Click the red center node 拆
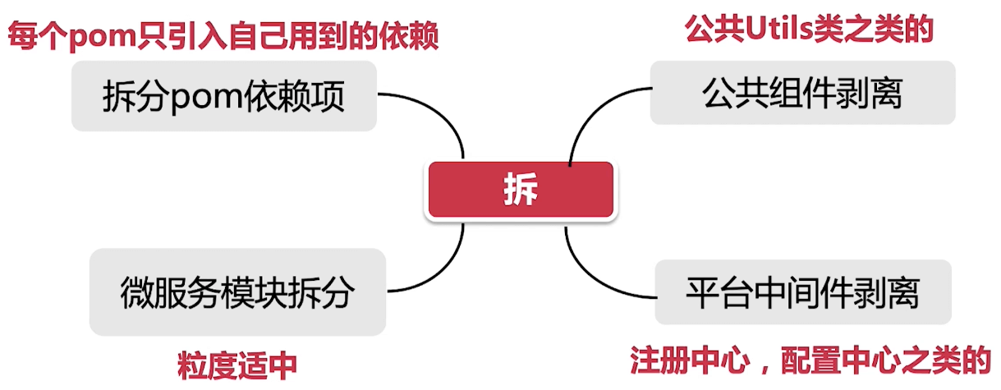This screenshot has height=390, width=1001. click(x=519, y=190)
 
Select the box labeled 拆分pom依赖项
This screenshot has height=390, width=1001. click(x=223, y=97)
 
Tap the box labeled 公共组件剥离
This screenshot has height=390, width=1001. click(x=802, y=93)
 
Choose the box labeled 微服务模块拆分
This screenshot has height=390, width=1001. click(x=236, y=291)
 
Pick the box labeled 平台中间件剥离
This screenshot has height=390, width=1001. click(x=802, y=291)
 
